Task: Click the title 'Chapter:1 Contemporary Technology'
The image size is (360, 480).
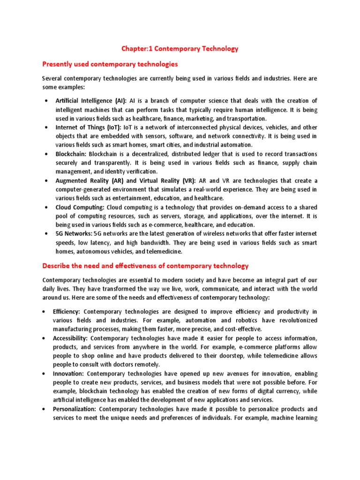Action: coord(180,48)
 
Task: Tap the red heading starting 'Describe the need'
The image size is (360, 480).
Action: coord(145,266)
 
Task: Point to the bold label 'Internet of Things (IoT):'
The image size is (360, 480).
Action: coord(88,127)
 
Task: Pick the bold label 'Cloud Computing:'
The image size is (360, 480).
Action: coord(80,207)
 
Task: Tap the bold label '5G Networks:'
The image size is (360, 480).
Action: coord(74,234)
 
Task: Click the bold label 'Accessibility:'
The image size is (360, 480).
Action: coord(70,338)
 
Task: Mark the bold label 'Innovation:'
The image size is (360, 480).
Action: coord(68,374)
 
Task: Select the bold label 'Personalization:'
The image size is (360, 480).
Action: coord(75,409)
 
